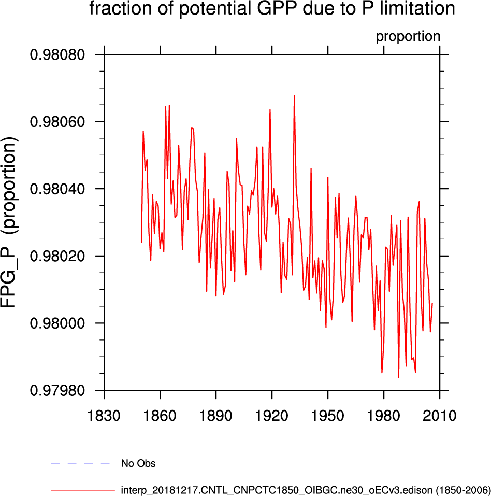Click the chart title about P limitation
pyautogui.click(x=272, y=9)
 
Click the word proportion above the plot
pyautogui.click(x=408, y=37)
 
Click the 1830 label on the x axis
pyautogui.click(x=104, y=415)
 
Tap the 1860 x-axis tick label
pyautogui.click(x=160, y=415)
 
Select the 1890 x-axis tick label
pyautogui.click(x=216, y=415)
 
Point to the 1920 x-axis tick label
pyautogui.click(x=272, y=415)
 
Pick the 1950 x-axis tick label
pyautogui.click(x=328, y=415)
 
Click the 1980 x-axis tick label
pyautogui.click(x=384, y=415)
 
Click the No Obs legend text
pyautogui.click(x=138, y=463)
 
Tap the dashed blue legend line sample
pyautogui.click(x=81, y=462)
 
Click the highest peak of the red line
pyautogui.click(x=294, y=96)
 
